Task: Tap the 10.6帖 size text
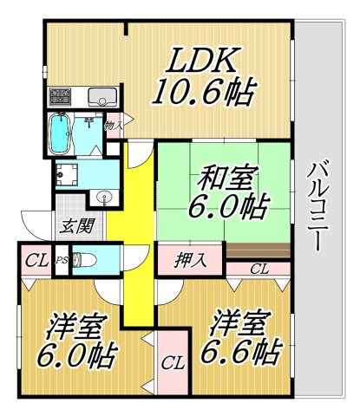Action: point(205,91)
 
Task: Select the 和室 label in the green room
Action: point(227,180)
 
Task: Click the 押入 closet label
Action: point(190,258)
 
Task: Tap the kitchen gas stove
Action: point(61,94)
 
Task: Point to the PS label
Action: point(61,258)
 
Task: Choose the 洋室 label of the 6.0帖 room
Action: point(77,328)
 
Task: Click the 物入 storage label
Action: point(112,125)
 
